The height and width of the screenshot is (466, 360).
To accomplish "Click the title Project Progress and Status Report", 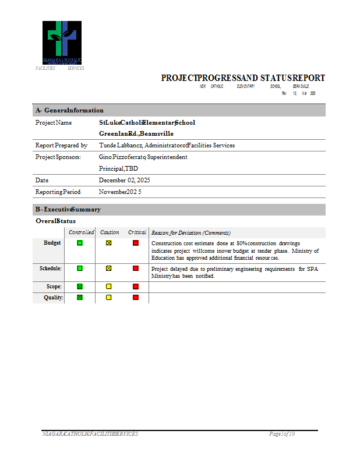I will [243, 78].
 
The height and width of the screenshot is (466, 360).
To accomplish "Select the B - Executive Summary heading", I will [68, 209].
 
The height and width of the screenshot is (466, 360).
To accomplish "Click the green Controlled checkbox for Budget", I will [80, 243].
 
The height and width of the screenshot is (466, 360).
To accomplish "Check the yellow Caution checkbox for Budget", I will [108, 243].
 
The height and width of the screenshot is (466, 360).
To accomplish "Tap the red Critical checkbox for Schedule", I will [136, 269].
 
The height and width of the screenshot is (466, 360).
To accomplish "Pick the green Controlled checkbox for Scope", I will [80, 287].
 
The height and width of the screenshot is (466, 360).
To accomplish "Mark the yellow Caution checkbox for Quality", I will [108, 297].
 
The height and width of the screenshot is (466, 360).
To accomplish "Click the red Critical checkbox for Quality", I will [136, 297].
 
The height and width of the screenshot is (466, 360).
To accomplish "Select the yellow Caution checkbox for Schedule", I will [108, 269].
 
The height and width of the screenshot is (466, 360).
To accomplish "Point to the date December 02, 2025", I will [125, 180].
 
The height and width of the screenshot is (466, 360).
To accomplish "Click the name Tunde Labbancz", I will [121, 145].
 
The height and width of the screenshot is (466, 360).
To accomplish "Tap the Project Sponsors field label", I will [58, 157].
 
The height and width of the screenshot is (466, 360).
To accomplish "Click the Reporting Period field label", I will [58, 192].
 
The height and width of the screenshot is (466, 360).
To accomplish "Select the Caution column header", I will [110, 232].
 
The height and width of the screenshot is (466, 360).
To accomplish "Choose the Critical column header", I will [137, 232].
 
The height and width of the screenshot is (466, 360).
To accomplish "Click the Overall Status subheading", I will [55, 221].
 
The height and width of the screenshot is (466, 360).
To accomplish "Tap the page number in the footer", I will [282, 434].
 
